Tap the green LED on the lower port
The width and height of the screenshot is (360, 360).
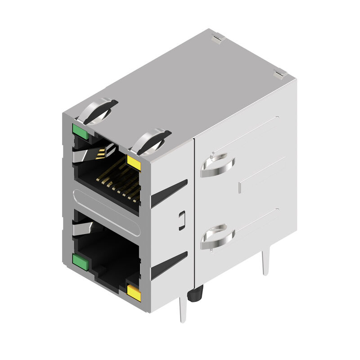tap(80, 261)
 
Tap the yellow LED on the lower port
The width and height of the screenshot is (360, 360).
tap(134, 293)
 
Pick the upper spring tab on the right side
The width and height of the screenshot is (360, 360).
tap(217, 165)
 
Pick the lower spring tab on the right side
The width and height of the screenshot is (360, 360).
tap(217, 237)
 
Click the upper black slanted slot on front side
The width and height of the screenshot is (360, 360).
tap(169, 193)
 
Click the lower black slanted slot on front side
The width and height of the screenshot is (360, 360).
tap(169, 265)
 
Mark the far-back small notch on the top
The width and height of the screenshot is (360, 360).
tap(218, 40)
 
